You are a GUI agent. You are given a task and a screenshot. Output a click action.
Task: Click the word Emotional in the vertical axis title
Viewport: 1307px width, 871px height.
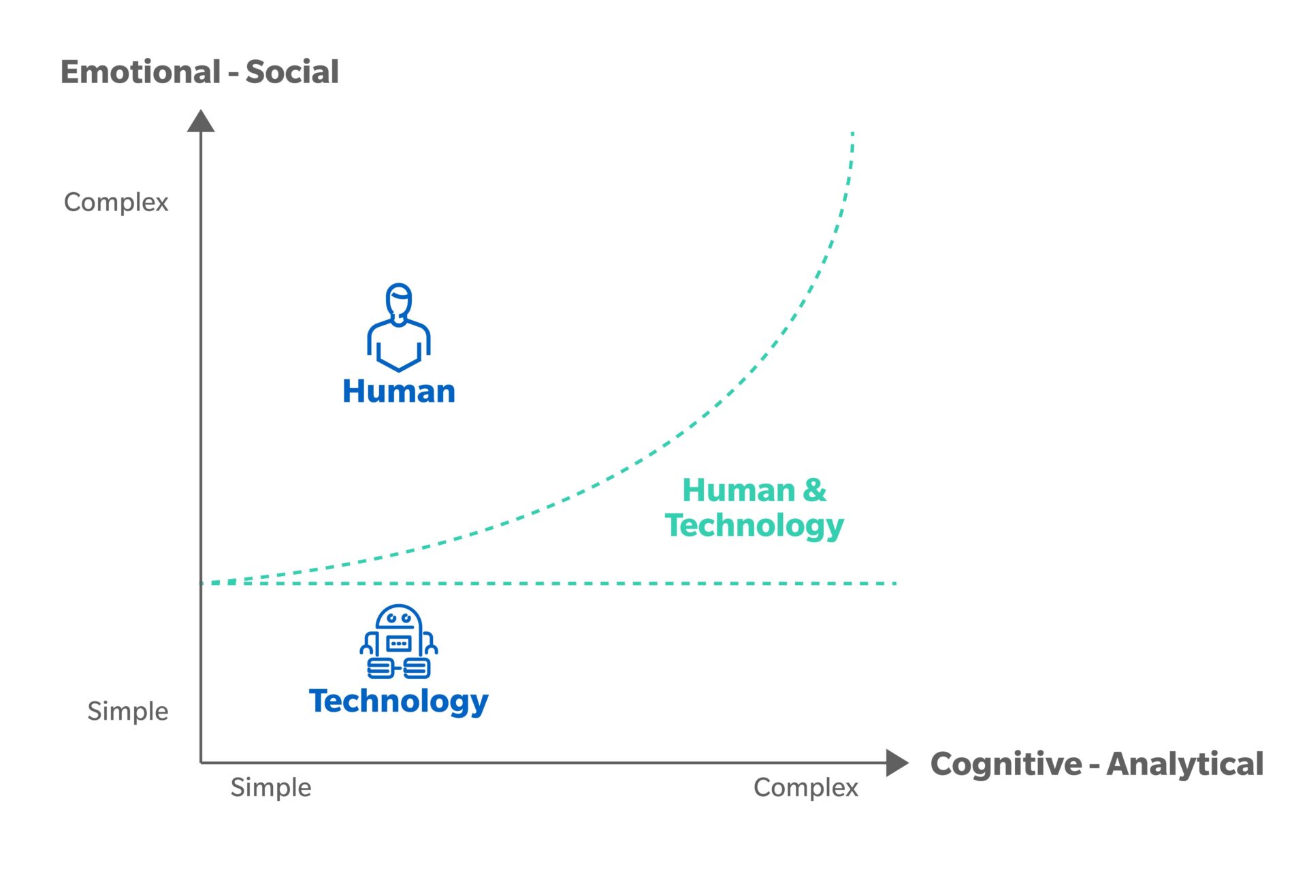click(141, 72)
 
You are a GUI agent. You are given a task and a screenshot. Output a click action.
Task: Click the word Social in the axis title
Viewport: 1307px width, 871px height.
click(292, 72)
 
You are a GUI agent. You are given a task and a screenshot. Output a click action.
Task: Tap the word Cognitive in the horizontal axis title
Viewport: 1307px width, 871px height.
click(1006, 764)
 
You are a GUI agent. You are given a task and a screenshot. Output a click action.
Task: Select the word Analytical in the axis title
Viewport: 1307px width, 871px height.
click(1185, 763)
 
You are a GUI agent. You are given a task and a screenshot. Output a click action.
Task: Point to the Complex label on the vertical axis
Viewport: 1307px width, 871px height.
click(116, 203)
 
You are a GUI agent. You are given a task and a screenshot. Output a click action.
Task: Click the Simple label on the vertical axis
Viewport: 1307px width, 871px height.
click(127, 711)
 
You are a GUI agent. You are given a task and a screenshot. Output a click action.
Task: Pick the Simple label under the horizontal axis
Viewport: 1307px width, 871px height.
click(270, 787)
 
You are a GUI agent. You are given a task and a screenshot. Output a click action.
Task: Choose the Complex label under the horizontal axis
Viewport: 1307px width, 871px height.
click(806, 787)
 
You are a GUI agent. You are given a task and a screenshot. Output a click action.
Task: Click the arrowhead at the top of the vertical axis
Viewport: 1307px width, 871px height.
click(201, 121)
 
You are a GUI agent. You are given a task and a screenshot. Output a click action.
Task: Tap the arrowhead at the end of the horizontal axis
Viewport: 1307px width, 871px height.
click(897, 763)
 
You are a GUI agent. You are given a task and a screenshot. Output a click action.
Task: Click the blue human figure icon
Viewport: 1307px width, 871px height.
click(399, 328)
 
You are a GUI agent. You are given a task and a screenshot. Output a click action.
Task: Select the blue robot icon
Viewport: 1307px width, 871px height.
click(399, 642)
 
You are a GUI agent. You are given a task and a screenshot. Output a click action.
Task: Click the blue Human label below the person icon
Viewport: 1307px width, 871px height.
click(399, 391)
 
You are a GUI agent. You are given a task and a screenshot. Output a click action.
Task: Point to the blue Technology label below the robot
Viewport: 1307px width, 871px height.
click(399, 701)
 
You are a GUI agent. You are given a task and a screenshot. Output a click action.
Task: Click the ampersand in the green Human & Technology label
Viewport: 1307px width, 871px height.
click(814, 490)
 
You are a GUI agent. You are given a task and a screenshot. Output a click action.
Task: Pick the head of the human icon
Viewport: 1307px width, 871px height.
click(399, 301)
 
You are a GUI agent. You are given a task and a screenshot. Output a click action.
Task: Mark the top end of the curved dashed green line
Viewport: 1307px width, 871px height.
click(852, 133)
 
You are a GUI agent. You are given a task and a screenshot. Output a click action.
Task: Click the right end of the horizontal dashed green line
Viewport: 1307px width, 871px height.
click(896, 584)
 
